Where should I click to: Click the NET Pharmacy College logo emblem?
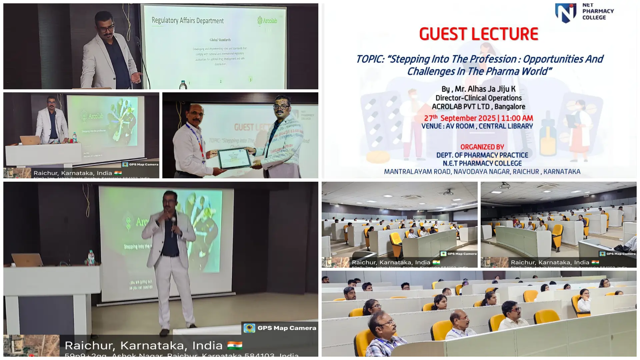click(566, 13)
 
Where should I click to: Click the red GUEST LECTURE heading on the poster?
click(478, 34)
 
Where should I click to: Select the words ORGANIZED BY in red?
click(482, 147)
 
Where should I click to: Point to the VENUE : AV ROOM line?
click(477, 126)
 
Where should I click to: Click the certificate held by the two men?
click(235, 158)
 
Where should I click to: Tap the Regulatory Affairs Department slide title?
click(187, 21)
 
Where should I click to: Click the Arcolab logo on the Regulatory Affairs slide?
click(267, 21)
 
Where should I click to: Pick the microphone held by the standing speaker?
click(173, 223)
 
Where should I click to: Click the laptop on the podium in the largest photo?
click(27, 260)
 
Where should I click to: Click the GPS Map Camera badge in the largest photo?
click(280, 328)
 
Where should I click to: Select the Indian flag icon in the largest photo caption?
click(235, 345)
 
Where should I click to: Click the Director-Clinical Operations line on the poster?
click(478, 98)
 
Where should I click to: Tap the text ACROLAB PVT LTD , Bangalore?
click(478, 107)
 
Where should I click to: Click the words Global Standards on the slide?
click(220, 40)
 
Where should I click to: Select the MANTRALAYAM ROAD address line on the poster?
click(482, 172)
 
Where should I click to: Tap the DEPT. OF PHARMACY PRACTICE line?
click(482, 155)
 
